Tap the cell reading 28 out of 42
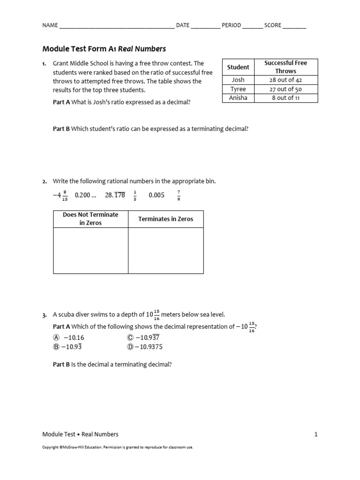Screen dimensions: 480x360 coord(285,80)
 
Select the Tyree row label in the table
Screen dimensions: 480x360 coord(238,89)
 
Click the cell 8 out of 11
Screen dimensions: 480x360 coord(285,97)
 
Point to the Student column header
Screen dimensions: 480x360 coord(238,67)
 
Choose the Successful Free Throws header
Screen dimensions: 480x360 coord(285,67)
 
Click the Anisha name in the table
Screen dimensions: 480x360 coord(238,97)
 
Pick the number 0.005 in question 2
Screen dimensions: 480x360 coord(157,195)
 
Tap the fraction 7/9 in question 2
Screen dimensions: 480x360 coord(179,195)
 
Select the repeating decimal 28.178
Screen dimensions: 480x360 coord(115,195)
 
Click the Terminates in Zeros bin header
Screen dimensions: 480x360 coord(165,219)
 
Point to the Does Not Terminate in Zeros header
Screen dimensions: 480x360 coord(90,219)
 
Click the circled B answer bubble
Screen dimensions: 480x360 coord(56,347)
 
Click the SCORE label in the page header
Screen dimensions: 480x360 coord(272,25)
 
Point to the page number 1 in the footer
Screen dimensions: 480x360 coord(316,434)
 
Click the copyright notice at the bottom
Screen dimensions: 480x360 coord(118,447)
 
